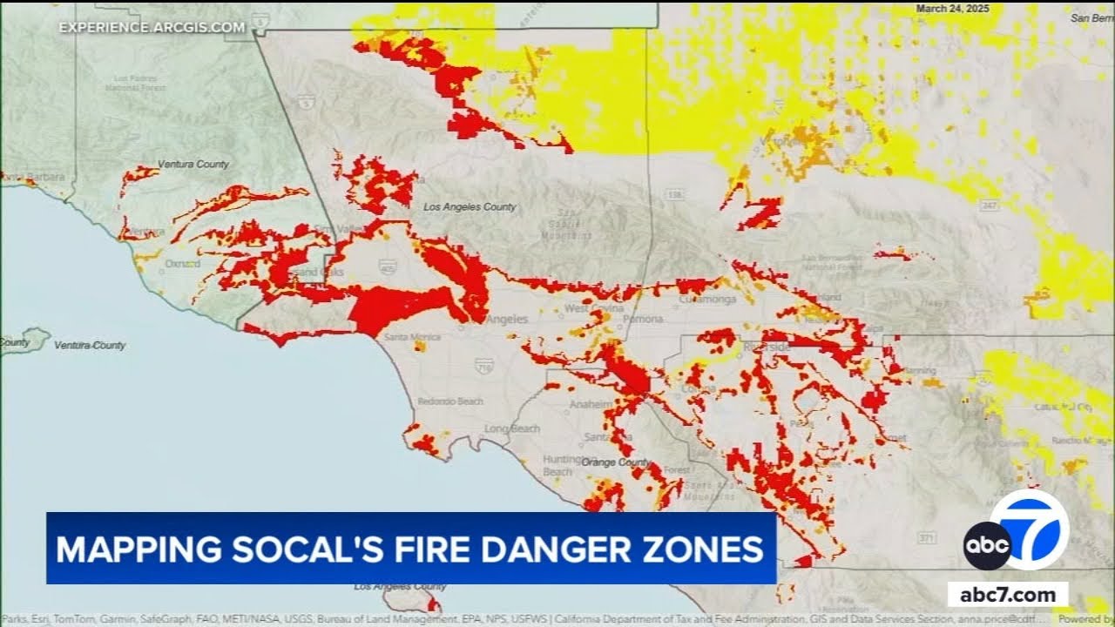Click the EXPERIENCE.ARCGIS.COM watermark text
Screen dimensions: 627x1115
click(152, 28)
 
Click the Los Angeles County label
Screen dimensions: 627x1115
click(470, 207)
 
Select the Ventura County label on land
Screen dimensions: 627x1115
click(193, 164)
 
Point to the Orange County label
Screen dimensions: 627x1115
click(616, 462)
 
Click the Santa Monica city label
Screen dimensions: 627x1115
click(407, 336)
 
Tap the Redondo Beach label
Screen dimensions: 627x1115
click(450, 401)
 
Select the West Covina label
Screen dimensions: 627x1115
click(594, 309)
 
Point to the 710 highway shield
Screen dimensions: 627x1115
click(484, 366)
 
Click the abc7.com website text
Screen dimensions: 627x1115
click(1008, 595)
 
